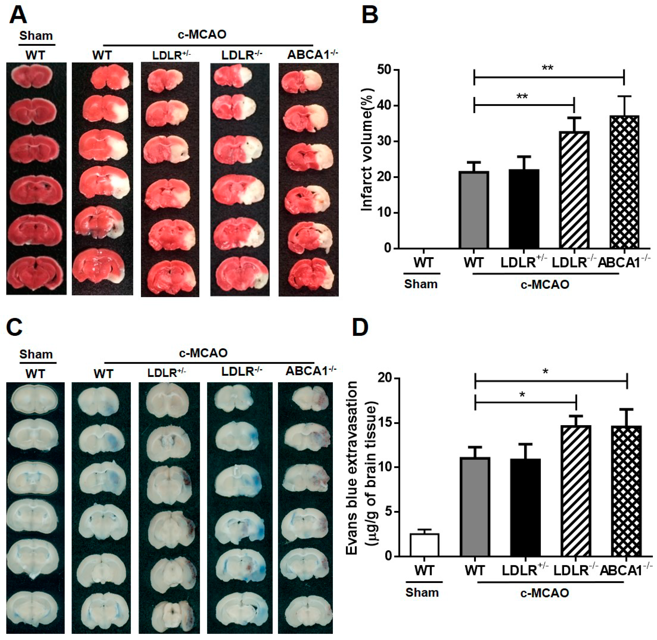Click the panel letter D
pos(360,328)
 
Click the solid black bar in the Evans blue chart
pos(525,507)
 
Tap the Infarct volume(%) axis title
pos(368,150)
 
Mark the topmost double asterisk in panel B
pos(548,68)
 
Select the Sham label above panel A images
pos(36,36)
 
